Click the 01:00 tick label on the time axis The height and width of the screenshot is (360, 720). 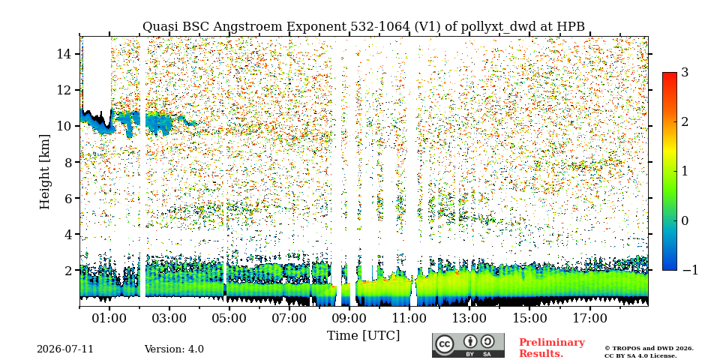point(109,318)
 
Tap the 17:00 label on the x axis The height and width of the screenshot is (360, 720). point(589,318)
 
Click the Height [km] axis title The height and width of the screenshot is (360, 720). point(44,172)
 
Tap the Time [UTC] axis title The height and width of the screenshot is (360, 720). point(363,336)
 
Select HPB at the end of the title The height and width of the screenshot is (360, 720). point(571,27)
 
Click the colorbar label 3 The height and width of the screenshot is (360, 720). point(685,72)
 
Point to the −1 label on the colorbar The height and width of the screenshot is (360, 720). point(690,270)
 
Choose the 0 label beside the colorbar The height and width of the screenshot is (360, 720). point(685,220)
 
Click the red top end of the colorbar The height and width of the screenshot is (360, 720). point(670,75)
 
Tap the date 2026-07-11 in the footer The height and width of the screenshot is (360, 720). point(65,349)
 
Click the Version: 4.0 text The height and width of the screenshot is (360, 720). point(174,349)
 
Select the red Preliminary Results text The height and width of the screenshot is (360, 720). point(551,348)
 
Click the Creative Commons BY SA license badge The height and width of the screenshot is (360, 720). point(468,345)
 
